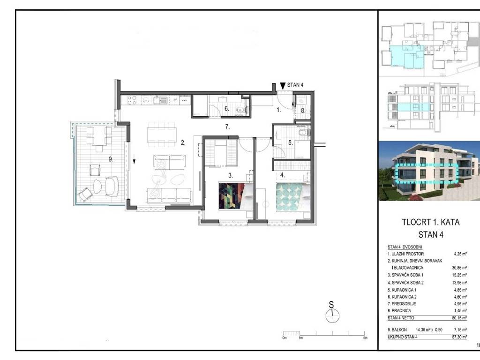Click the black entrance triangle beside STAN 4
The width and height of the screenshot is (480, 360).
pyautogui.click(x=283, y=86)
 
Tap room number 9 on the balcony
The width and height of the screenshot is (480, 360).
pyautogui.click(x=111, y=159)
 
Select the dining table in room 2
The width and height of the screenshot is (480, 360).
pyautogui.click(x=162, y=135)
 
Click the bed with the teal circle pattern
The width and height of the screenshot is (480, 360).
pyautogui.click(x=293, y=197)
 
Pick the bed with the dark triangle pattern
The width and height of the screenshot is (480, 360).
pyautogui.click(x=236, y=196)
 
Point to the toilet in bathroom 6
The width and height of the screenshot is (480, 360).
pyautogui.click(x=241, y=110)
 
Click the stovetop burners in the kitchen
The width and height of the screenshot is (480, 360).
pyautogui.click(x=132, y=100)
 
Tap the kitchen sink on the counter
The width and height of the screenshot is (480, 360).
pyautogui.click(x=160, y=100)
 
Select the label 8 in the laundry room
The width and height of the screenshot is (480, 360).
pyautogui.click(x=303, y=111)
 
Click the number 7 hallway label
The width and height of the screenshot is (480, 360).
pyautogui.click(x=227, y=127)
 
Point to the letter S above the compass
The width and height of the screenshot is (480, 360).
pyautogui.click(x=331, y=305)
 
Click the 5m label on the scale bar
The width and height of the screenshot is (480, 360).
pyautogui.click(x=365, y=338)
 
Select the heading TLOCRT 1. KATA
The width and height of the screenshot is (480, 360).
pyautogui.click(x=431, y=222)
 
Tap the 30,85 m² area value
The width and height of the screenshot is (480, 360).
pyautogui.click(x=460, y=268)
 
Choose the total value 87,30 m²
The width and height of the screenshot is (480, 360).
pyautogui.click(x=459, y=337)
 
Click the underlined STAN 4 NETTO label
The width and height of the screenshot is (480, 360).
pyautogui.click(x=401, y=318)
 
